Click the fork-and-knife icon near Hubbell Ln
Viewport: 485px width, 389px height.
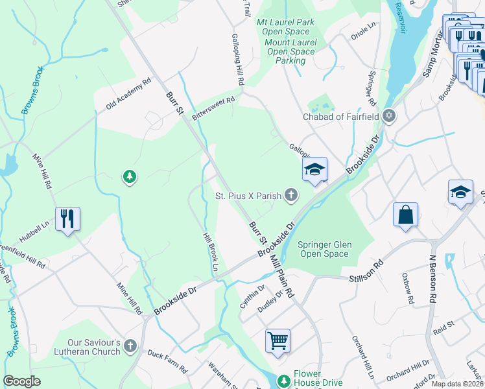coord(67,218)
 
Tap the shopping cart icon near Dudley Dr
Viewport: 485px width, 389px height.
coord(278,340)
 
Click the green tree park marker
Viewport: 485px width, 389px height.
coord(130,176)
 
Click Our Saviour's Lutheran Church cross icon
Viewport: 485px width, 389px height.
coord(130,346)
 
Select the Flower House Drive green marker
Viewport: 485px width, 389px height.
coord(283,381)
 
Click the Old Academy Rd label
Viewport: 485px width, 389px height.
coord(123,95)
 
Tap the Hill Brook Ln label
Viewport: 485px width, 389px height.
coord(209,252)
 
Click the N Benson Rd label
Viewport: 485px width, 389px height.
coord(431,277)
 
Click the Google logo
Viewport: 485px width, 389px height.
coord(22,381)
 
